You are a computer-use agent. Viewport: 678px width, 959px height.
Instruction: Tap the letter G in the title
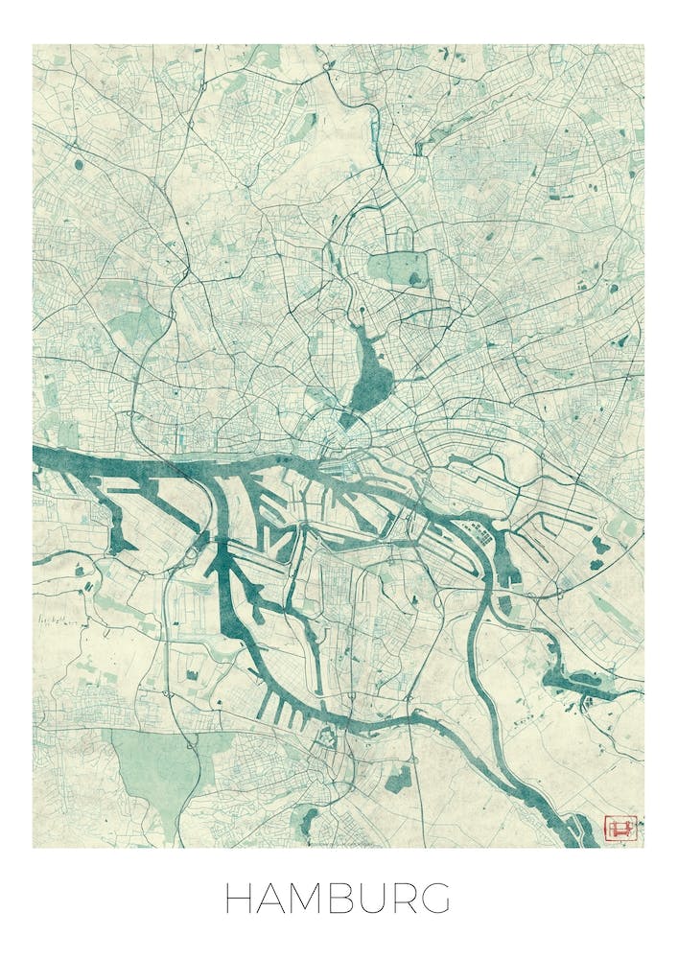[434, 899]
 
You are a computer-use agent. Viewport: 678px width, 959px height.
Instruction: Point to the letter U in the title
[369, 899]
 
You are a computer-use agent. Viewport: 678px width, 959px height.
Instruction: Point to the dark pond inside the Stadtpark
[415, 278]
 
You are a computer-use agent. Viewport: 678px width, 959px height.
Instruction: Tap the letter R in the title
[401, 899]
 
